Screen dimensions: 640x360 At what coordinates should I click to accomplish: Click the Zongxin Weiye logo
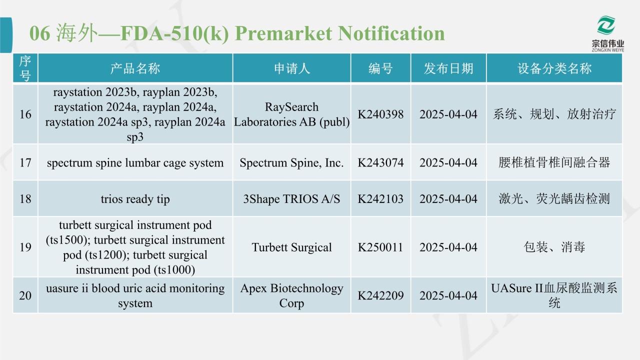pyautogui.click(x=607, y=33)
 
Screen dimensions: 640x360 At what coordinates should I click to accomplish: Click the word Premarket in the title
pyautogui.click(x=283, y=33)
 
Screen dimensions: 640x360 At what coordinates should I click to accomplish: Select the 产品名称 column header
pyautogui.click(x=135, y=68)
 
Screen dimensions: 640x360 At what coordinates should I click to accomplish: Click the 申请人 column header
pyautogui.click(x=291, y=68)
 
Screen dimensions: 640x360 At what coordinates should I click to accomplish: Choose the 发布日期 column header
pyautogui.click(x=448, y=68)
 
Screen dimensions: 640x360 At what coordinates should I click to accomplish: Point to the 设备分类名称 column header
pyautogui.click(x=554, y=68)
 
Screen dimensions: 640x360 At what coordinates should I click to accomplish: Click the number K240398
pyautogui.click(x=380, y=114)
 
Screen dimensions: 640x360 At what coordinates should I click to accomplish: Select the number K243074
pyautogui.click(x=380, y=162)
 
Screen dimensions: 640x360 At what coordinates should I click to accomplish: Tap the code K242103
pyautogui.click(x=380, y=199)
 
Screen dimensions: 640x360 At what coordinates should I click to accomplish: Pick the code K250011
pyautogui.click(x=380, y=247)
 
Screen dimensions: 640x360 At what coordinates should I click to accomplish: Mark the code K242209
pyautogui.click(x=380, y=295)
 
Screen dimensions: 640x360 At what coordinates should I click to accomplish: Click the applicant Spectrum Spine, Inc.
pyautogui.click(x=291, y=163)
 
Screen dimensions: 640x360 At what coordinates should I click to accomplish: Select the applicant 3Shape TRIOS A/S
pyautogui.click(x=291, y=199)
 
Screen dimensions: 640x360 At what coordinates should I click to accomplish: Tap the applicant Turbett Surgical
pyautogui.click(x=291, y=247)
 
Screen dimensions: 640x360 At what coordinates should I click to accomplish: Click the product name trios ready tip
pyautogui.click(x=135, y=199)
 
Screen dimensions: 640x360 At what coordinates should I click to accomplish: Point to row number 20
pyautogui.click(x=25, y=295)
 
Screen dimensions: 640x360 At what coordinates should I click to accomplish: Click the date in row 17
pyautogui.click(x=448, y=162)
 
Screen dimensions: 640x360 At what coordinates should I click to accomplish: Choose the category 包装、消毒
pyautogui.click(x=554, y=247)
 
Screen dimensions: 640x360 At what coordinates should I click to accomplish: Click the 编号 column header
pyautogui.click(x=380, y=68)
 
